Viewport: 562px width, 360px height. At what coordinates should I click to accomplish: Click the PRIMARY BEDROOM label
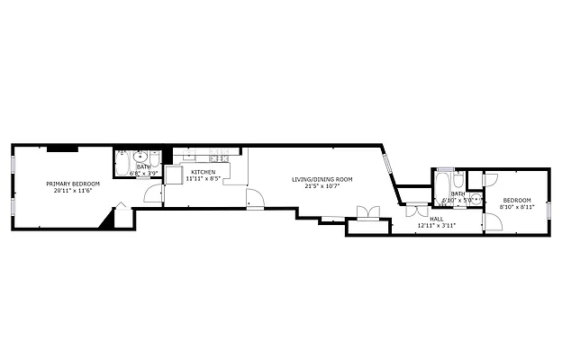click(x=73, y=184)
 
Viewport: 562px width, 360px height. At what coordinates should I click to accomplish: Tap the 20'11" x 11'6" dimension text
click(x=73, y=190)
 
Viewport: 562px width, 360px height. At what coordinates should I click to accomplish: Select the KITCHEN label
click(x=203, y=172)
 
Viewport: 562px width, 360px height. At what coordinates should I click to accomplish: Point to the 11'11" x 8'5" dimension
click(x=203, y=178)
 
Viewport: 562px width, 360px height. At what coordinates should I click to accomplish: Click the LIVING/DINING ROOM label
click(x=322, y=180)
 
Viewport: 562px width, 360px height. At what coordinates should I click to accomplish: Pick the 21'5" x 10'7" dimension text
click(x=322, y=186)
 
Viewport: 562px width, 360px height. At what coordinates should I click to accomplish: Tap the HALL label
click(x=436, y=218)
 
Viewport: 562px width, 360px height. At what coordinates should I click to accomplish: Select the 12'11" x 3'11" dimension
click(x=436, y=225)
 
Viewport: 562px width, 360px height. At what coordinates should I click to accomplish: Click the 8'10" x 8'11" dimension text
click(x=516, y=206)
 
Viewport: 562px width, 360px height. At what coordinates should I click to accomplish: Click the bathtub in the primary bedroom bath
click(x=122, y=164)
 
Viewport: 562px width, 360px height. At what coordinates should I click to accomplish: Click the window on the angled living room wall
click(x=387, y=164)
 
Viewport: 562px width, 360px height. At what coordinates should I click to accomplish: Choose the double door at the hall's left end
click(x=413, y=211)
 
